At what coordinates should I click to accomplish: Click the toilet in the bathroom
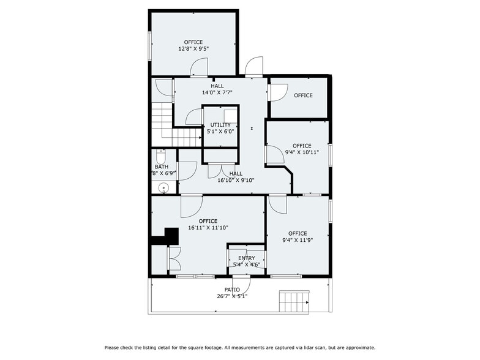(x=161, y=156)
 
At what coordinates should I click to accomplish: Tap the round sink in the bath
(x=163, y=188)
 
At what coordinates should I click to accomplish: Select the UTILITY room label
(x=220, y=124)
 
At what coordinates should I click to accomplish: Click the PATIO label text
(x=232, y=290)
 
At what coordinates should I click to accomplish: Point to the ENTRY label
(x=247, y=258)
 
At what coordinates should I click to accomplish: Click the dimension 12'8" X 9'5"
(x=193, y=49)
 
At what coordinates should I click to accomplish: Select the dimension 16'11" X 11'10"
(x=208, y=228)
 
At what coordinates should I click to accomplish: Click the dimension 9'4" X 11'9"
(x=298, y=240)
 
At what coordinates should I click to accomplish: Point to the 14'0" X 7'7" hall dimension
(x=217, y=93)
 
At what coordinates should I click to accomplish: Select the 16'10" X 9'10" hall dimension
(x=236, y=181)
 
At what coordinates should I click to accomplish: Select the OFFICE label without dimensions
(x=303, y=96)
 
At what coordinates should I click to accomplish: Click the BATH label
(x=161, y=167)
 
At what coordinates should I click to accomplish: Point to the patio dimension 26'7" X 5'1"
(x=232, y=296)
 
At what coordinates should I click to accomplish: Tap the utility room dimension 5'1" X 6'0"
(x=220, y=131)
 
